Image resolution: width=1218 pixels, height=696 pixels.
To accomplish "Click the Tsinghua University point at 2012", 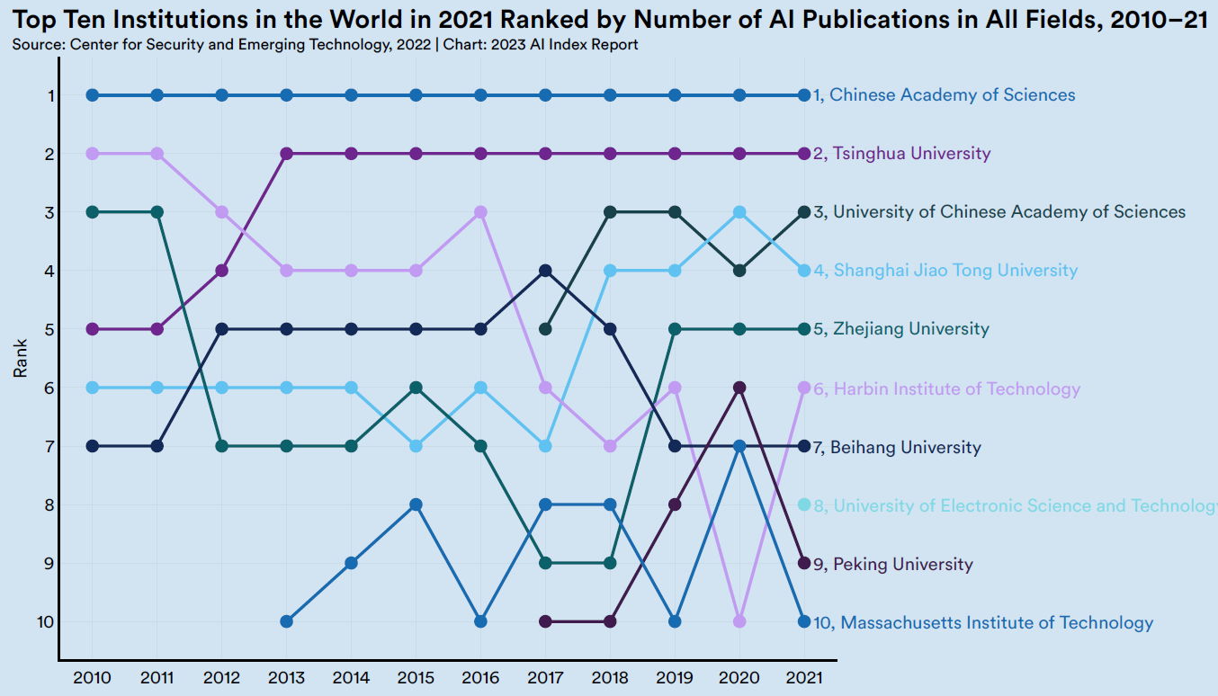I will tap(222, 271).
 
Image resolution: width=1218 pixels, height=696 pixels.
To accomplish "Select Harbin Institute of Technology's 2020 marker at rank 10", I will tap(739, 621).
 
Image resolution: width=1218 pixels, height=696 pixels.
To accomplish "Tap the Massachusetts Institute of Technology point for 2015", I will tap(416, 504).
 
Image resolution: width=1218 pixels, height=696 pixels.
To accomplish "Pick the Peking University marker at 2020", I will tap(739, 388).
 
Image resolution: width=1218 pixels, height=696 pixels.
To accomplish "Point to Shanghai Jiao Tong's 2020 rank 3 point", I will tap(739, 212).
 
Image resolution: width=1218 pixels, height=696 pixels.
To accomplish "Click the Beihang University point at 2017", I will tap(545, 271).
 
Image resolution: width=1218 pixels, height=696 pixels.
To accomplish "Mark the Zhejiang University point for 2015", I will tap(416, 388).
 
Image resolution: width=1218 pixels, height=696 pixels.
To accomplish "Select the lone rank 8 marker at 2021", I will tap(804, 504).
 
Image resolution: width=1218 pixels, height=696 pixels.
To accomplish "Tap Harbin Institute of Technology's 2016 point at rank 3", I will tap(480, 212).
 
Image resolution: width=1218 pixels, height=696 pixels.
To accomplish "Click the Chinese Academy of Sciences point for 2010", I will tap(93, 95).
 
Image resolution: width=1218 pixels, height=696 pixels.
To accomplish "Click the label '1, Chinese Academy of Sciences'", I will tap(944, 95).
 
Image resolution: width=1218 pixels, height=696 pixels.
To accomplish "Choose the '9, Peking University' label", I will tap(892, 565).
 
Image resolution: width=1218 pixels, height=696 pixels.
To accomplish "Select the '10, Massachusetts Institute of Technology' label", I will tap(982, 622).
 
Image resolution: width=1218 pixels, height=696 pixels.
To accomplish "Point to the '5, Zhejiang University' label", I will tap(900, 329).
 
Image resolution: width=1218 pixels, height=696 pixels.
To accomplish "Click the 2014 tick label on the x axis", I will tap(351, 676).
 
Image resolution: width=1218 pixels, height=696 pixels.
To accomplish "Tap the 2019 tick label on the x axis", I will tap(675, 676).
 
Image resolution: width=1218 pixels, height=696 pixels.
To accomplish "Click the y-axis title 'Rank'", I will tap(20, 358).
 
